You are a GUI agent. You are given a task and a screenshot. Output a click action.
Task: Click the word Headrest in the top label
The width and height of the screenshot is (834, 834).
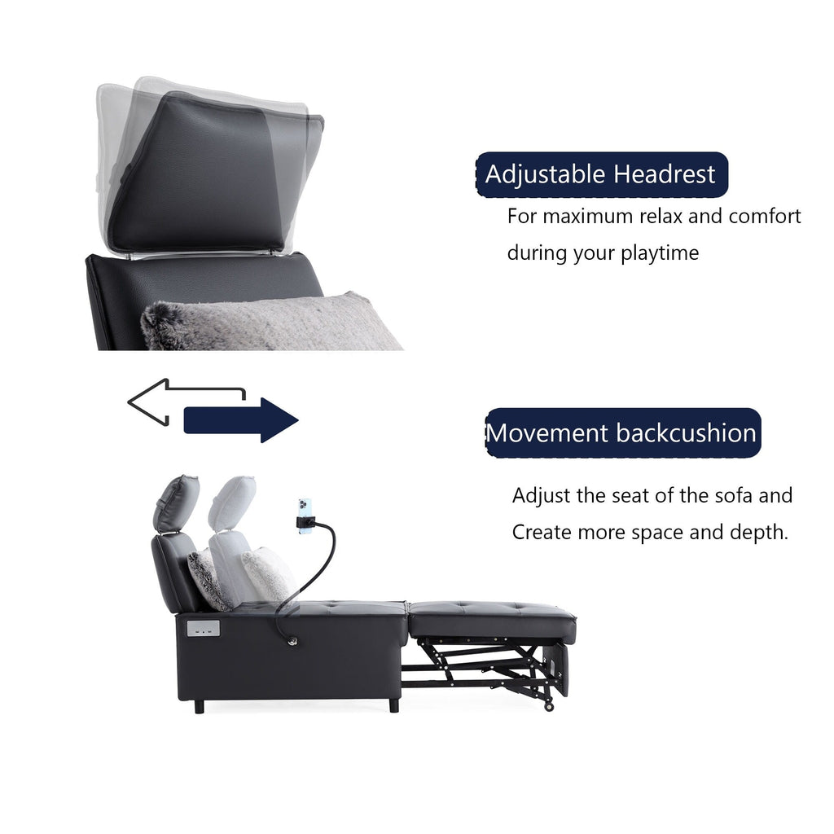665,174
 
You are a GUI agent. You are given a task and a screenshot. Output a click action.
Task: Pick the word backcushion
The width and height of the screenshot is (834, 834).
687,432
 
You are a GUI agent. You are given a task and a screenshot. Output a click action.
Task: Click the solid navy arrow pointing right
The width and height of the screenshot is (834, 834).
241,420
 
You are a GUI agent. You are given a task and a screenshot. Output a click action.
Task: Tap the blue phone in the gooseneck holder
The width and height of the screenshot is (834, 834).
305,514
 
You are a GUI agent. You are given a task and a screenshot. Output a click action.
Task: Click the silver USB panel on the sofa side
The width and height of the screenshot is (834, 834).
204,629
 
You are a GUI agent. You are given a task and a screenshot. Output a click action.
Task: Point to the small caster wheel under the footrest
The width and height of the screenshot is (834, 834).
549,705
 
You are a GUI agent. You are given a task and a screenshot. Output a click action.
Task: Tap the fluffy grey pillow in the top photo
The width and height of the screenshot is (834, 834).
269,324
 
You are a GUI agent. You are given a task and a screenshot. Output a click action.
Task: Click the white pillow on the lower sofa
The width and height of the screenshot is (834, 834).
267,573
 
